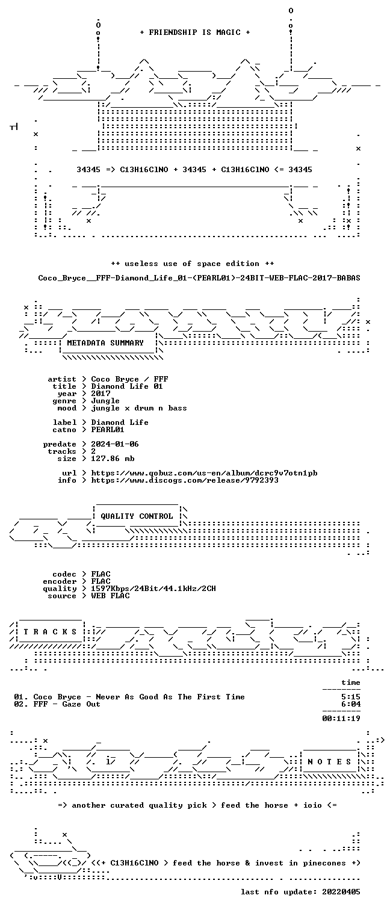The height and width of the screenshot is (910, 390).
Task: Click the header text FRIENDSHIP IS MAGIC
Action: (x=194, y=32)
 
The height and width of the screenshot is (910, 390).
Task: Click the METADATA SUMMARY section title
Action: (x=105, y=343)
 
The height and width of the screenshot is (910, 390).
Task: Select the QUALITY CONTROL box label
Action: (x=137, y=516)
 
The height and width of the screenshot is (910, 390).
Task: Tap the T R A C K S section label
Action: (x=50, y=632)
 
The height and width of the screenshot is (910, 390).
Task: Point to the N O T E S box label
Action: (x=329, y=762)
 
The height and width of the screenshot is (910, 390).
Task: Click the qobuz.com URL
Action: (x=204, y=473)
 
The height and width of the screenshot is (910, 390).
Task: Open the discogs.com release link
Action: (x=185, y=480)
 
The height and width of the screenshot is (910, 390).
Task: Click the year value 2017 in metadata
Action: (x=101, y=393)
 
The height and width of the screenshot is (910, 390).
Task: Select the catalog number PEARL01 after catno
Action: (x=108, y=429)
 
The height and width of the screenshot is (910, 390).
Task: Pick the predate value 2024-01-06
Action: (x=114, y=444)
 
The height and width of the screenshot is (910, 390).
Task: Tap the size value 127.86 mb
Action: (x=113, y=459)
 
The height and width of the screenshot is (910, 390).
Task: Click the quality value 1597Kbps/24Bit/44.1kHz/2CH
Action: (x=153, y=589)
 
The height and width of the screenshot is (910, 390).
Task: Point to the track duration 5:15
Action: (x=351, y=697)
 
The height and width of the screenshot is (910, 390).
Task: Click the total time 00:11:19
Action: (x=341, y=718)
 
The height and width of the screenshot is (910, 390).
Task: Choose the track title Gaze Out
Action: (x=81, y=704)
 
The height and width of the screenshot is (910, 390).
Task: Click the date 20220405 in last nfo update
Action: (x=341, y=892)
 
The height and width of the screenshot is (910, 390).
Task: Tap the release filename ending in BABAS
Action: (x=199, y=278)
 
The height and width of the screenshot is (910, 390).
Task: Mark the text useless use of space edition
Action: (x=192, y=264)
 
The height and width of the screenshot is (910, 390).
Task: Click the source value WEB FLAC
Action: (x=110, y=596)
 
